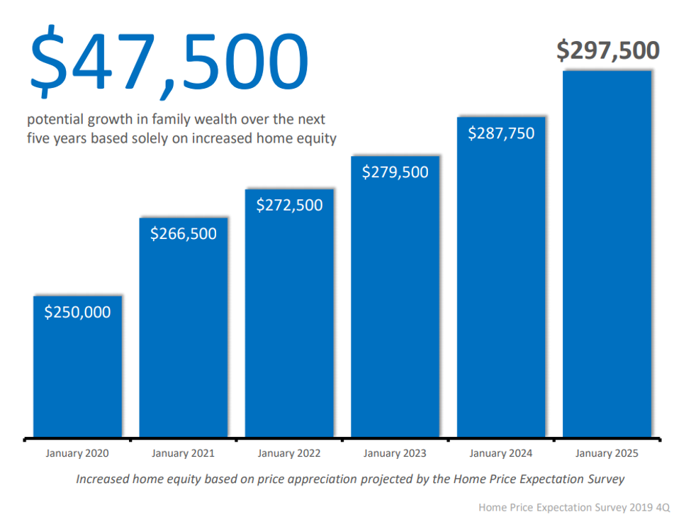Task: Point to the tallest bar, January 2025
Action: tap(607, 255)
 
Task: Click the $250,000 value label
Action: tap(78, 312)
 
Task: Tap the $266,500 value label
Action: tap(184, 233)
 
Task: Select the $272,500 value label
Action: tap(289, 205)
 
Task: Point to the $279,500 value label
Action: tap(395, 172)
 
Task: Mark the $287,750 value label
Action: tap(501, 133)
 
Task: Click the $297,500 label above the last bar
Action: tap(607, 50)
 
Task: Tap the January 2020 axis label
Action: tap(77, 453)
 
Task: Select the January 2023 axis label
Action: tap(395, 453)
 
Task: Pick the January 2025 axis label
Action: tap(607, 453)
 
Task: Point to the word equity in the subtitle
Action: tap(318, 138)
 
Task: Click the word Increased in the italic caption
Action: tap(103, 479)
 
